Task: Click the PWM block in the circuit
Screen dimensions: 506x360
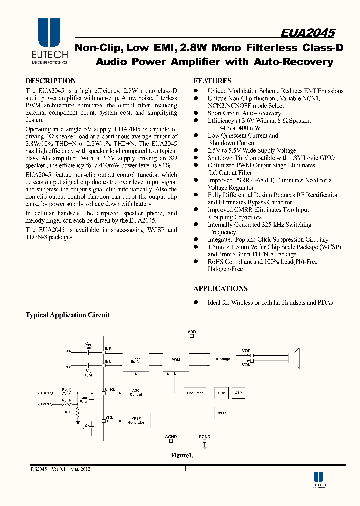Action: tap(175, 359)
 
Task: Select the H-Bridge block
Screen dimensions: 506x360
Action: tap(223, 359)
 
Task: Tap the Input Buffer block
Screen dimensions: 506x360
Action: tap(136, 359)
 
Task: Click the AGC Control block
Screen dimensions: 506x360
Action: tap(136, 393)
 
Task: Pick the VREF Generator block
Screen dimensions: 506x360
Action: tap(136, 421)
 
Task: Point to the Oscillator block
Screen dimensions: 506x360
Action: tap(195, 393)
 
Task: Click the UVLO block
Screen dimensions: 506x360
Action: tap(221, 413)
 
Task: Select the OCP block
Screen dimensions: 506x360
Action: tap(221, 393)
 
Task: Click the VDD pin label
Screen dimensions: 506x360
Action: tap(192, 332)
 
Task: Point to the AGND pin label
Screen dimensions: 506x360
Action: tap(171, 436)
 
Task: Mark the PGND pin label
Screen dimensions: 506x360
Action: tap(205, 436)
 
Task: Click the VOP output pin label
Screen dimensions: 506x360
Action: tap(246, 351)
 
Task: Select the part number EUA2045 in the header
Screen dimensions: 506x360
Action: tap(308, 33)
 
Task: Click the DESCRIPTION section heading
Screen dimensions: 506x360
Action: tap(50, 81)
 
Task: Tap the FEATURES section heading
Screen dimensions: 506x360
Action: tap(212, 81)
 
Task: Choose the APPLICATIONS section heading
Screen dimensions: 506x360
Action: tap(220, 288)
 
